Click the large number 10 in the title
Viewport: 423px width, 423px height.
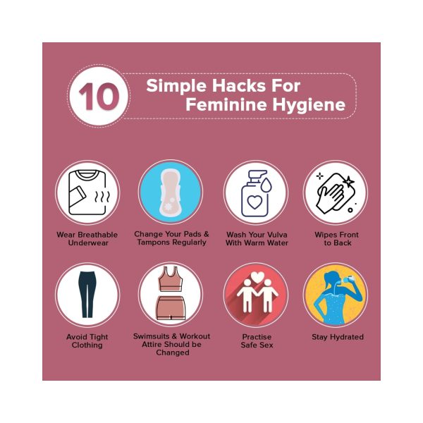(99, 97)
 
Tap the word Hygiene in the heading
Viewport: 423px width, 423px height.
(309, 105)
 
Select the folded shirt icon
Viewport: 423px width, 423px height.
(87, 192)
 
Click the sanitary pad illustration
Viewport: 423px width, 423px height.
(170, 192)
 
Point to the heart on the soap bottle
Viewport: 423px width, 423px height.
(255, 202)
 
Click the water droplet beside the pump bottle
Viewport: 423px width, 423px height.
(266, 184)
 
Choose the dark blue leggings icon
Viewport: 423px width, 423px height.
(87, 294)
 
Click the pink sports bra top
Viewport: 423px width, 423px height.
(170, 279)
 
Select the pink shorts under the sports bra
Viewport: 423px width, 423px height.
(171, 308)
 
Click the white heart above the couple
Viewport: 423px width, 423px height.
(257, 277)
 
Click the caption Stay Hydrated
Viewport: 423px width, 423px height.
(338, 337)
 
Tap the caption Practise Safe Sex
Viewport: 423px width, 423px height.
(257, 341)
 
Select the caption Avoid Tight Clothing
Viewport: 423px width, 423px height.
(87, 341)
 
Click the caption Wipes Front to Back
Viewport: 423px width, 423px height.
(337, 239)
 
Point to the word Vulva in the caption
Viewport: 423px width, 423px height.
(276, 235)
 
